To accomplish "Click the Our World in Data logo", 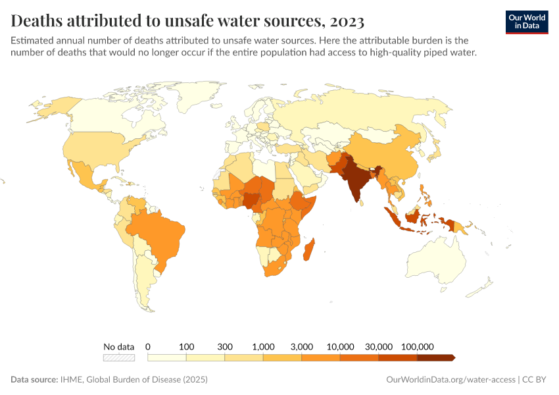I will [526, 22].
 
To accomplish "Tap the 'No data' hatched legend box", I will [119, 357].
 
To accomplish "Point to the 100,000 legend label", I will [417, 346].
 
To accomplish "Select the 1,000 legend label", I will [263, 346].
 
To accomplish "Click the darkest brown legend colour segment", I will [435, 357].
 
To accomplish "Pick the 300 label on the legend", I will [225, 346].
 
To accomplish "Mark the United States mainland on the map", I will [92, 148].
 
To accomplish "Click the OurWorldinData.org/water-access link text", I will [450, 380].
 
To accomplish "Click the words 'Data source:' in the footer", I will [33, 380].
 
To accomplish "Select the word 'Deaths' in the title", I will [37, 21].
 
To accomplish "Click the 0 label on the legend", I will [148, 346].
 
